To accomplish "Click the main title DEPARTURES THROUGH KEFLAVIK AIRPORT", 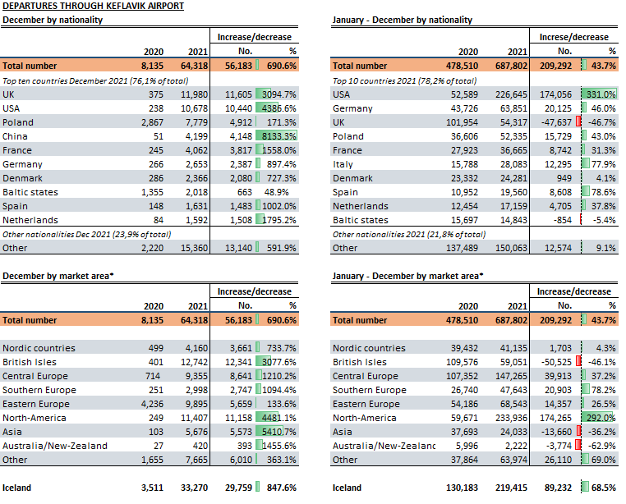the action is click(x=93, y=6).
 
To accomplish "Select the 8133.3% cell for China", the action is click(x=279, y=136).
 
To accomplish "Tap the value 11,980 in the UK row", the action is click(x=194, y=94).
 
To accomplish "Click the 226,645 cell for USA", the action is click(x=513, y=94).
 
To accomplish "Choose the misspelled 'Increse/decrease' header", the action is click(x=573, y=37).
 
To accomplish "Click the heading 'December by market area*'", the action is click(x=58, y=276).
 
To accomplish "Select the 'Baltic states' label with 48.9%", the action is click(x=30, y=192).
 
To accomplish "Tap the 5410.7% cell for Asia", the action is click(x=279, y=432).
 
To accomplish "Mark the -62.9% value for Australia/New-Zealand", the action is click(x=602, y=446).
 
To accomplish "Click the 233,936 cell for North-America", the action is click(x=513, y=418).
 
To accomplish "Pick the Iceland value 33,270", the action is click(x=194, y=488).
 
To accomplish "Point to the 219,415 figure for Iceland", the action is click(x=512, y=488).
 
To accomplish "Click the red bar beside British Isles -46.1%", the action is click(x=578, y=361).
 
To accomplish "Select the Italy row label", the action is click(x=343, y=164).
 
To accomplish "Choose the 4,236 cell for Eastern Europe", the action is click(x=152, y=404).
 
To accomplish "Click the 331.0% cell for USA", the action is click(x=601, y=94).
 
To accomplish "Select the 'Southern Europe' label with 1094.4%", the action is click(x=39, y=390).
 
